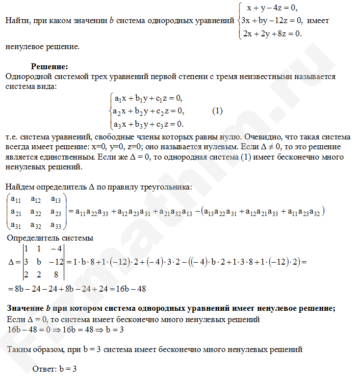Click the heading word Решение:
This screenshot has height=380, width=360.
tap(49, 66)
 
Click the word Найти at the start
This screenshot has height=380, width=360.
tap(16, 21)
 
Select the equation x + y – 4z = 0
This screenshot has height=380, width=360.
tap(272, 8)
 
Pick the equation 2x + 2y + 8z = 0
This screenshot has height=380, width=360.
tap(272, 33)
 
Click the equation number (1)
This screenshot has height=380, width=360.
tap(218, 111)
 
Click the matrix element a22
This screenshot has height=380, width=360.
tap(35, 212)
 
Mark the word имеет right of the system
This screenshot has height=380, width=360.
tap(318, 21)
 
